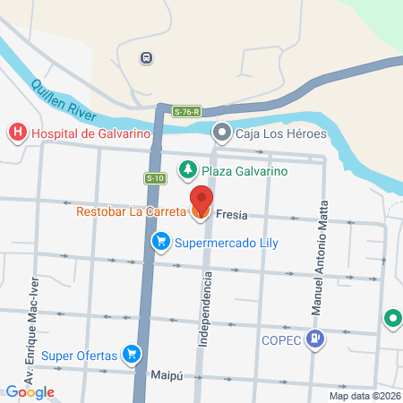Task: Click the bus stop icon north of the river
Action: pyautogui.click(x=145, y=58)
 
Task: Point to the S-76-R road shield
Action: pyautogui.click(x=186, y=112)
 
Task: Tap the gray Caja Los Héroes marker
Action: pyautogui.click(x=221, y=134)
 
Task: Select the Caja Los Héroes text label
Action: pyautogui.click(x=280, y=134)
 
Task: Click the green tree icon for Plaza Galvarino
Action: pyautogui.click(x=187, y=170)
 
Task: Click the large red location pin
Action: pyautogui.click(x=201, y=201)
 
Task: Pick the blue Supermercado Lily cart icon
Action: pyautogui.click(x=161, y=241)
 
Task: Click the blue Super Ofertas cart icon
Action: pyautogui.click(x=132, y=355)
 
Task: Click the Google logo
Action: pyautogui.click(x=30, y=391)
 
